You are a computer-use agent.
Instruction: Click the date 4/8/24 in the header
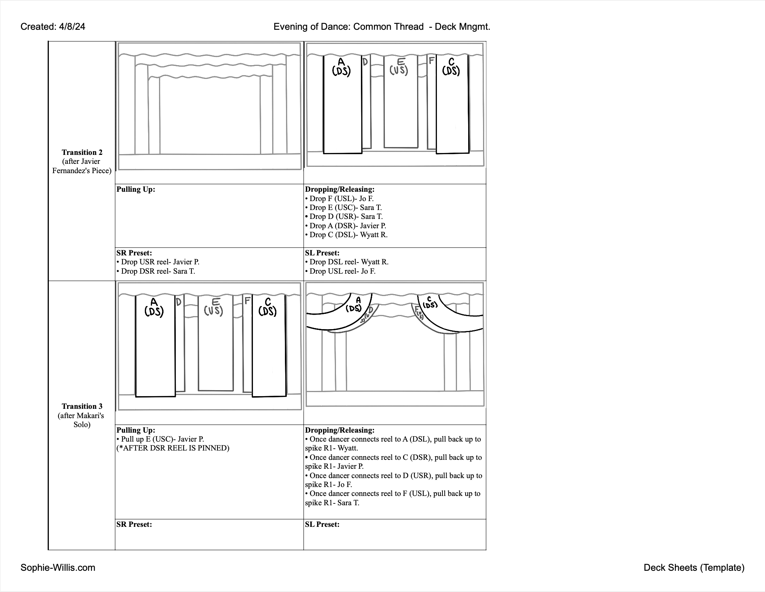click(72, 27)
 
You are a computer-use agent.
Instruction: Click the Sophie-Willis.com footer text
click(58, 567)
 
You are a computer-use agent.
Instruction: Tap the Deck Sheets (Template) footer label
click(694, 567)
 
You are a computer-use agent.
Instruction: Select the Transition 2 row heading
click(82, 152)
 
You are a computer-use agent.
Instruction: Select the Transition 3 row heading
click(82, 406)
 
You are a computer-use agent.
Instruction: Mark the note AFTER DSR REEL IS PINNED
click(173, 448)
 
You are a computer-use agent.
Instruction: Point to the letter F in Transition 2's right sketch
click(431, 60)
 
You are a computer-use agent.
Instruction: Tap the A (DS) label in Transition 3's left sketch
click(154, 307)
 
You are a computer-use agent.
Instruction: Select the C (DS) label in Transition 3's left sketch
click(267, 307)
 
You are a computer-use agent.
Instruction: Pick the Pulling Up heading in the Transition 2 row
click(136, 189)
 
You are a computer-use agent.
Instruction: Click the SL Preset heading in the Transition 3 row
click(322, 524)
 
